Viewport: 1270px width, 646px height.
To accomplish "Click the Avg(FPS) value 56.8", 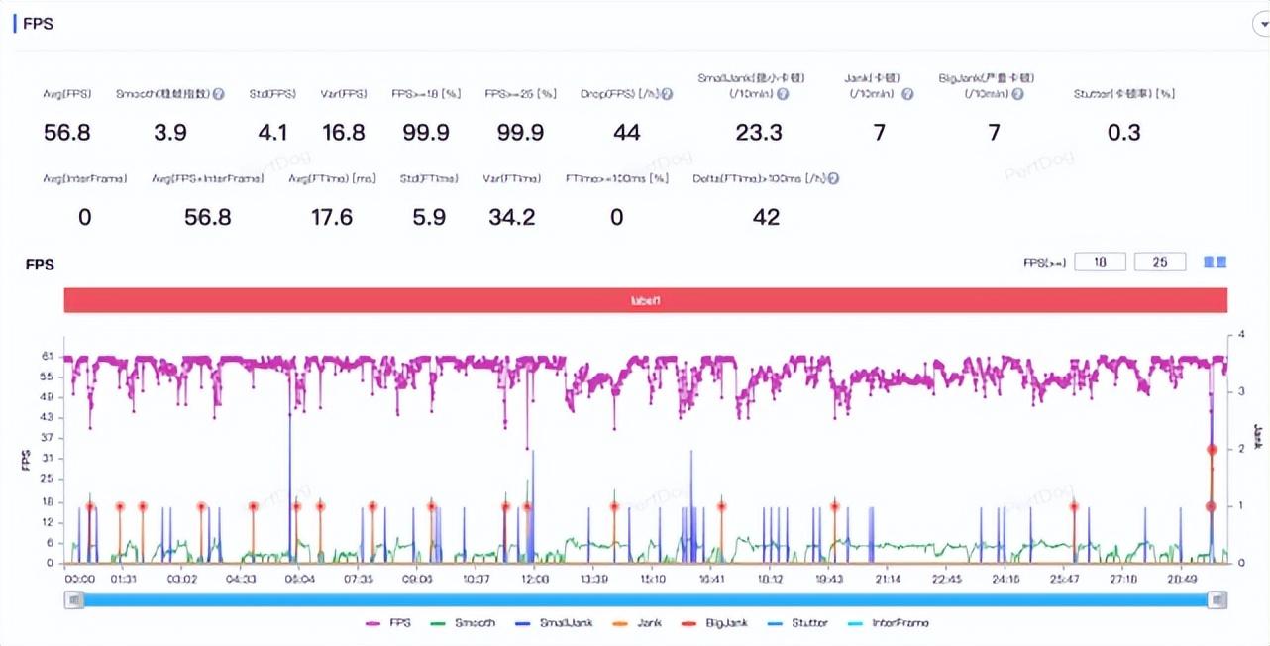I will (x=67, y=133).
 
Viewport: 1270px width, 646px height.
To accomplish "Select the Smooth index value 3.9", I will (x=170, y=133).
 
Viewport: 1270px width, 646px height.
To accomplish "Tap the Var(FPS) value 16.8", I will (x=343, y=133).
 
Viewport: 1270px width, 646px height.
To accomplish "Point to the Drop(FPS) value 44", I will (x=626, y=133).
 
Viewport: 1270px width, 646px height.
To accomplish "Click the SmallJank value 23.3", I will (x=759, y=133).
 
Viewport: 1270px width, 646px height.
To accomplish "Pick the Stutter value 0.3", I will (x=1123, y=133).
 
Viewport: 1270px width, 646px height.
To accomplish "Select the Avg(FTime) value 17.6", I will (x=332, y=217).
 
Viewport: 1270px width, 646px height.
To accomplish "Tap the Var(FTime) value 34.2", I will (x=512, y=217).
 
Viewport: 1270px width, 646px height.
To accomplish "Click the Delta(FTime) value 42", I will (x=766, y=217).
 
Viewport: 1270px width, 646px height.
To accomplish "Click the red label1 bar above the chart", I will (x=645, y=300).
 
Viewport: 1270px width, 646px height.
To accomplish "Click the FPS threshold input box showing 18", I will (x=1100, y=262).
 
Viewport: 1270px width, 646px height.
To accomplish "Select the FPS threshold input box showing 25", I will (x=1159, y=262).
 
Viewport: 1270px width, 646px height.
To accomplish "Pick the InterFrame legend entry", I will (x=891, y=623).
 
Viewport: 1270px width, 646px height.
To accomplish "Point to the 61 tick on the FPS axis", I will (x=48, y=357).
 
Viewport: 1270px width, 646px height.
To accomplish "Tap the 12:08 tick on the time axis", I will (x=534, y=578).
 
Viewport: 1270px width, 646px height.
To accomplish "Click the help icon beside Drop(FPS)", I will (x=668, y=94).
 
